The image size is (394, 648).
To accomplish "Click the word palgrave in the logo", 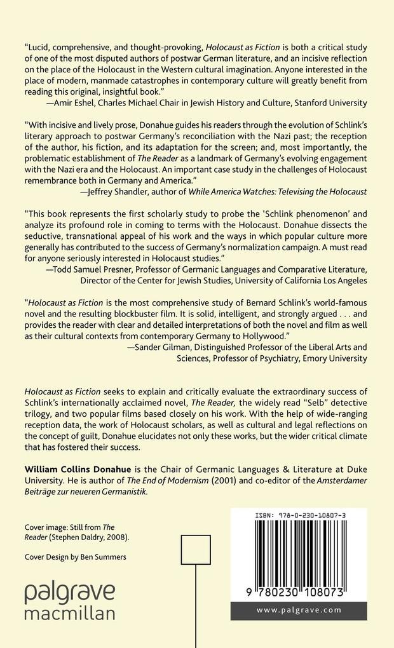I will point(70,592).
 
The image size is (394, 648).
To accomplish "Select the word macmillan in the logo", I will point(70,613).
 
